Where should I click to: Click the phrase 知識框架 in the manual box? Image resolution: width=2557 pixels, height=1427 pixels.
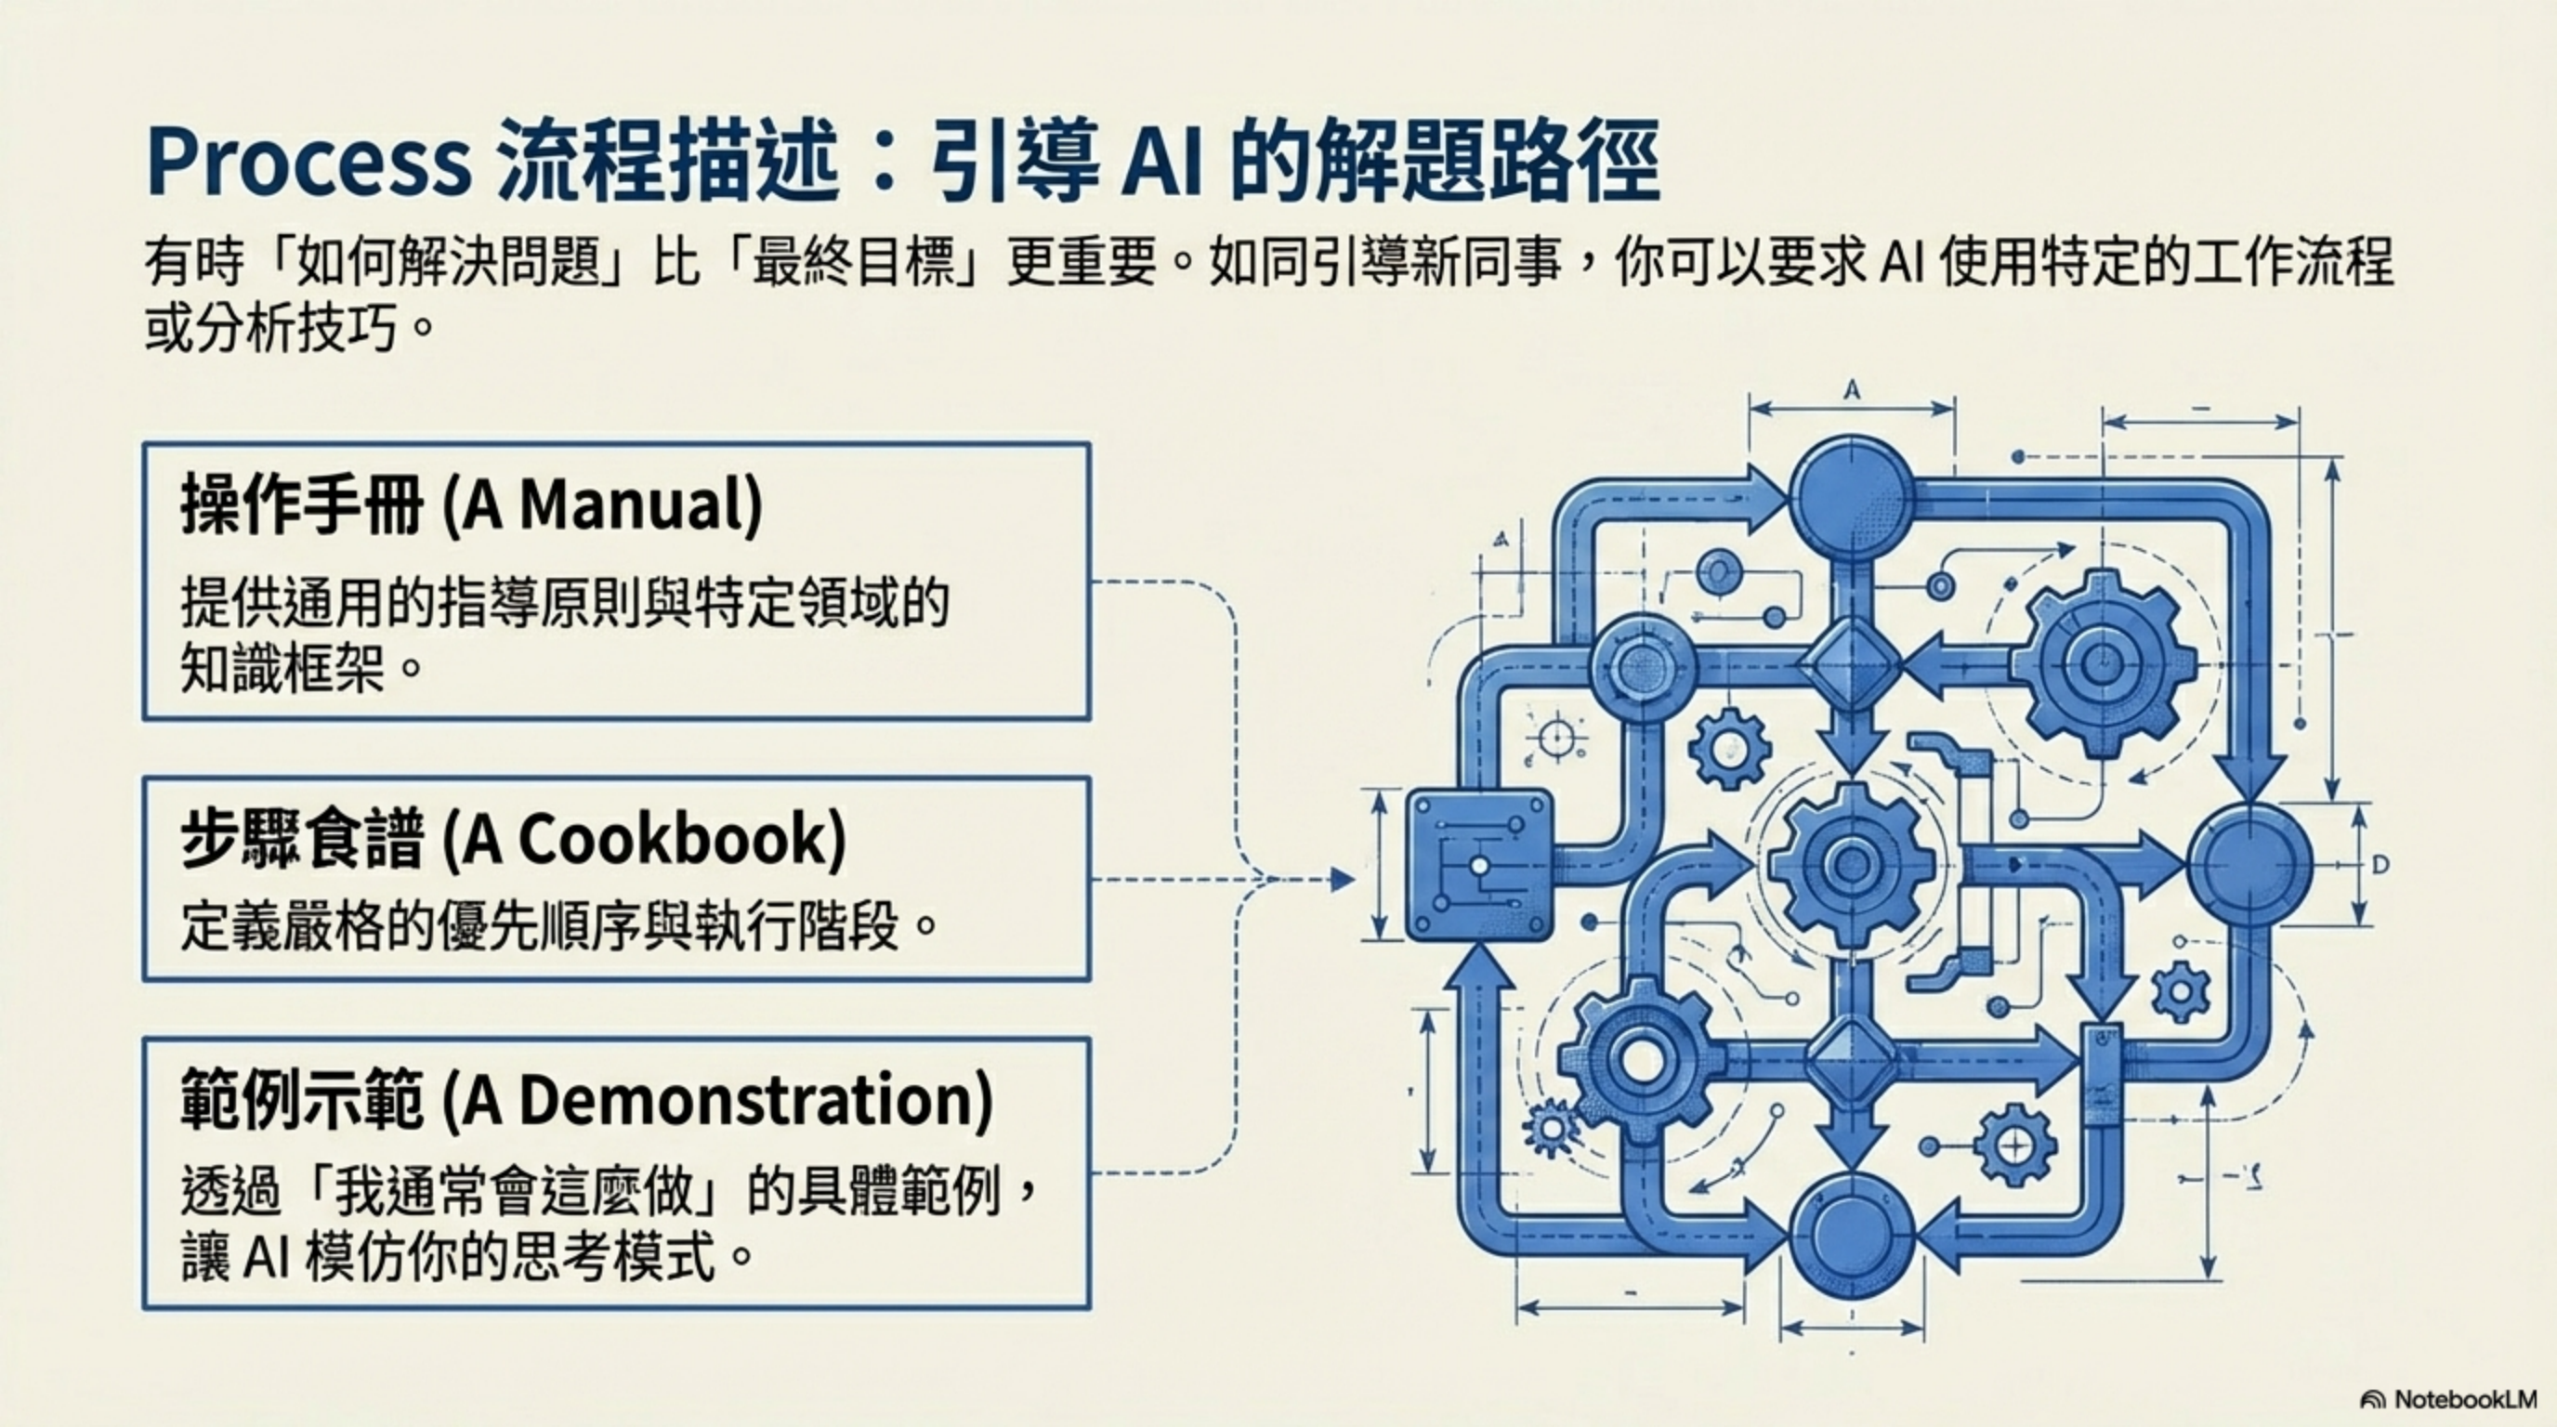pyautogui.click(x=282, y=668)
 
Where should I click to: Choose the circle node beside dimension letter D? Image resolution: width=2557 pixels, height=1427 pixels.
pyautogui.click(x=2250, y=864)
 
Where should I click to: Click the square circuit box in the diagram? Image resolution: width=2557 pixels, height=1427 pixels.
pyautogui.click(x=1479, y=864)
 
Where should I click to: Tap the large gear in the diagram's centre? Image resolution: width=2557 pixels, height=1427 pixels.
pyautogui.click(x=1850, y=864)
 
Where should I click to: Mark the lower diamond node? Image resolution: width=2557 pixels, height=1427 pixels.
pyautogui.click(x=1850, y=1058)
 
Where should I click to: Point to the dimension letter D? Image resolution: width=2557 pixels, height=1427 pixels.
pyautogui.click(x=2380, y=865)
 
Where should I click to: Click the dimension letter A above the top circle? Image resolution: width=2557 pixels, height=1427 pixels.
pyautogui.click(x=1851, y=390)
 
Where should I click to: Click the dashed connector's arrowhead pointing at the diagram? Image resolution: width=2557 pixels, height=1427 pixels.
pyautogui.click(x=1342, y=879)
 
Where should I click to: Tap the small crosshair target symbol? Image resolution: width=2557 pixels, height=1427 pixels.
pyautogui.click(x=1554, y=739)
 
